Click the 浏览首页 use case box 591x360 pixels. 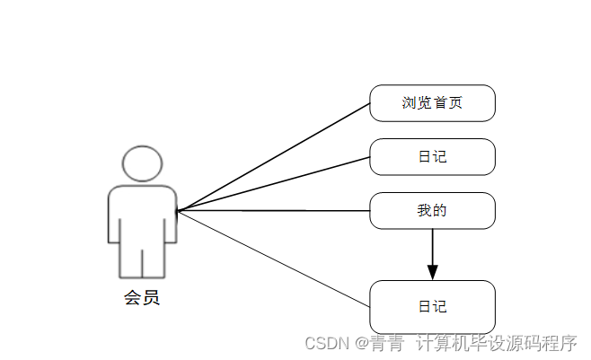432,102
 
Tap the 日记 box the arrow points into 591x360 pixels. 432,307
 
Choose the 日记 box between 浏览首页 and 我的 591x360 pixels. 432,157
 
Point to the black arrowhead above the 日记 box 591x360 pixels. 432,271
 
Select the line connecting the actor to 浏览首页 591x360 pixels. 274,156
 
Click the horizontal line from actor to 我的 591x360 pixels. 274,211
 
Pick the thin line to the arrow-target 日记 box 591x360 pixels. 274,259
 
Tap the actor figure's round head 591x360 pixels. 142,164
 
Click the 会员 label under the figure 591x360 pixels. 142,298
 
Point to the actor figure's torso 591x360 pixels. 142,215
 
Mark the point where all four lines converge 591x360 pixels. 178,211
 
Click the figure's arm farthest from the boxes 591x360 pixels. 114,215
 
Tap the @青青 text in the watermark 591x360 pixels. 380,343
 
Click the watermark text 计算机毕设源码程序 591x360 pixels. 495,343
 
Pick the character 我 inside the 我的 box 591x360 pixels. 424,211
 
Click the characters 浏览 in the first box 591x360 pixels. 417,102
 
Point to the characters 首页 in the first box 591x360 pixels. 448,102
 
